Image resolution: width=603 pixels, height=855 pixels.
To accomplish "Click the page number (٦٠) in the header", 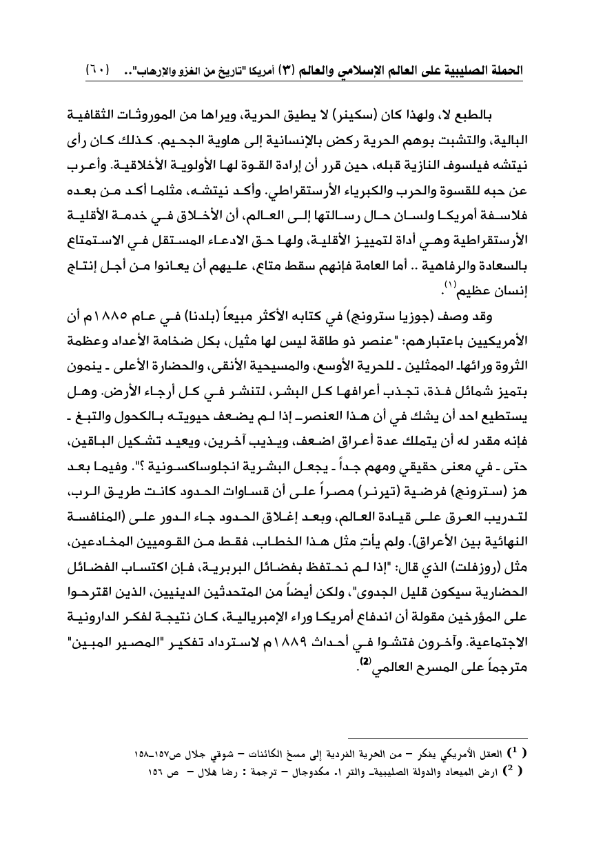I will [x=99, y=70].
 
